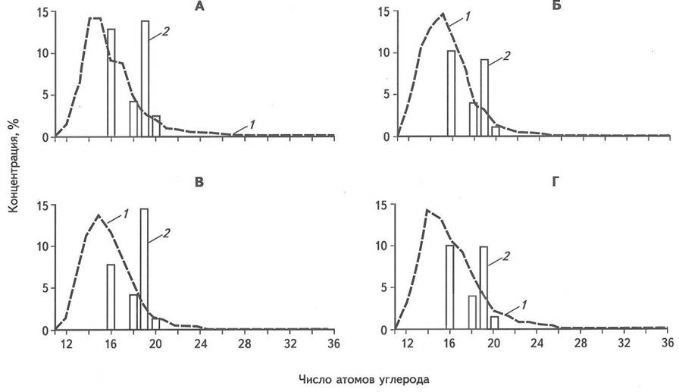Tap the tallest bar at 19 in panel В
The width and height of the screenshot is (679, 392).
144,268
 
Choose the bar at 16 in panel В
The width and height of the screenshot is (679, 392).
111,296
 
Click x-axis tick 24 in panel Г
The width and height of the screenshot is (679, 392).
537,343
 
